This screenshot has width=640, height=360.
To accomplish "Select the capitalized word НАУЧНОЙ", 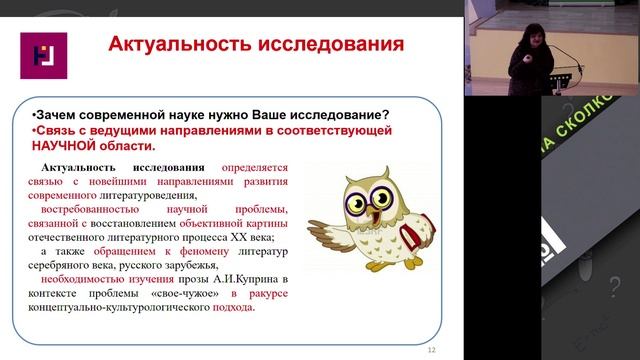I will coord(68,147).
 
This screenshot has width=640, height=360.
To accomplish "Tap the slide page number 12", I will coord(432,349).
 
